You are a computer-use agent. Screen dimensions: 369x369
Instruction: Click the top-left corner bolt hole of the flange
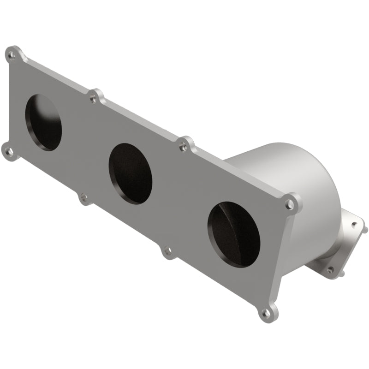(x=12, y=56)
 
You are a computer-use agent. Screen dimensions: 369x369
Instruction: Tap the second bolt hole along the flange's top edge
(x=94, y=98)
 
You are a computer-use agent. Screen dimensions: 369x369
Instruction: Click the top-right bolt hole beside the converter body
(x=289, y=203)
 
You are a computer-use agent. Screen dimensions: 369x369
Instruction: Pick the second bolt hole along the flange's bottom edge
(x=83, y=199)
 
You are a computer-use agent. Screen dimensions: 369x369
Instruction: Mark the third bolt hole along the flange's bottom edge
(x=167, y=251)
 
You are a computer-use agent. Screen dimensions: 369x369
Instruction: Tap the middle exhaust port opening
(x=131, y=174)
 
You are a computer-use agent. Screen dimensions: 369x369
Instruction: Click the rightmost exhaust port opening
(x=233, y=236)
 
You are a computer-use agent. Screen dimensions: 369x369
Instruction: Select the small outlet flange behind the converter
(x=341, y=244)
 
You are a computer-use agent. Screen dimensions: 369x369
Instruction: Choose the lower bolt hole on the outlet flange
(x=330, y=269)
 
